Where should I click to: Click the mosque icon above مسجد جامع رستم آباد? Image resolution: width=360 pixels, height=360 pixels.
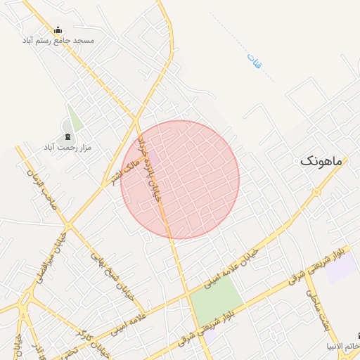58,30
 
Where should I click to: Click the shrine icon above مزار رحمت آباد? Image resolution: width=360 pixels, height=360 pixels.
67,136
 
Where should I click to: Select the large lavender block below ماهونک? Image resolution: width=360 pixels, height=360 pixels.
341,266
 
